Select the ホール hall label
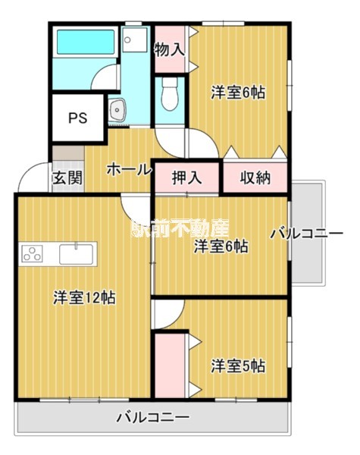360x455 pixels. pyautogui.click(x=128, y=169)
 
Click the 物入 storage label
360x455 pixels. pyautogui.click(x=169, y=50)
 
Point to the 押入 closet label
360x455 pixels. pyautogui.click(x=186, y=178)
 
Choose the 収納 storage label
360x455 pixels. pyautogui.click(x=255, y=178)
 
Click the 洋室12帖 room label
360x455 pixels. pyautogui.click(x=83, y=298)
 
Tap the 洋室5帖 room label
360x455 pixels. pyautogui.click(x=237, y=366)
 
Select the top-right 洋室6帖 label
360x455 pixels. pyautogui.click(x=237, y=93)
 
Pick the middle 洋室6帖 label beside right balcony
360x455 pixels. pyautogui.click(x=221, y=246)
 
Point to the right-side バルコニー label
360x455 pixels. pyautogui.click(x=311, y=234)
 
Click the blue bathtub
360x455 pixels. pyautogui.click(x=83, y=41)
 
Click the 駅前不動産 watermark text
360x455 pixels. pyautogui.click(x=180, y=227)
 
